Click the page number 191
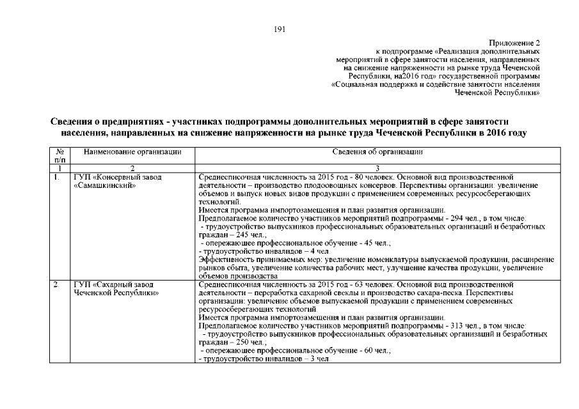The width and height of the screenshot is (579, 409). tap(279, 28)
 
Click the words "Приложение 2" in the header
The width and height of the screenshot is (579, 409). tap(514, 43)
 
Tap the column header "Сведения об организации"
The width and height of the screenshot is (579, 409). tap(377, 151)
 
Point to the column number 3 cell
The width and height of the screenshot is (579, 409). tap(377, 168)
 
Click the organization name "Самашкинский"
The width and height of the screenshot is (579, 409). tap(105, 185)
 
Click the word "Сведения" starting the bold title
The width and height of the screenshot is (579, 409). tap(72, 121)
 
